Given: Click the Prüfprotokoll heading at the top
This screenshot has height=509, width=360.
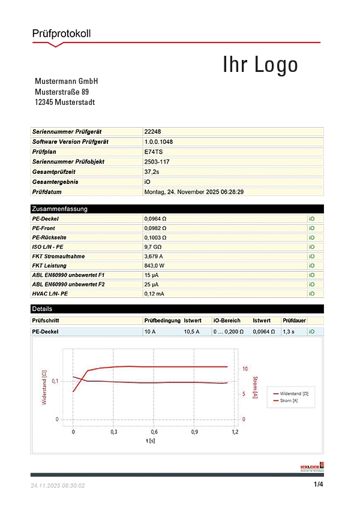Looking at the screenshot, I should pyautogui.click(x=61, y=34).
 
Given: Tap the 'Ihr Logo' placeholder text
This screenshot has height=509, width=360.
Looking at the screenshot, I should pyautogui.click(x=260, y=65).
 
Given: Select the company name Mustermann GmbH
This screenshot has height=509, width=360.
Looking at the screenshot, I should pyautogui.click(x=67, y=82).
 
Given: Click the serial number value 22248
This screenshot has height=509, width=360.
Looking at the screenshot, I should pyautogui.click(x=152, y=131).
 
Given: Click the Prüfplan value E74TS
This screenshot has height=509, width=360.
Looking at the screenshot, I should pyautogui.click(x=154, y=152).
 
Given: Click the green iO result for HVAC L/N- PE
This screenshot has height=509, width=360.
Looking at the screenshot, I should pyautogui.click(x=311, y=294).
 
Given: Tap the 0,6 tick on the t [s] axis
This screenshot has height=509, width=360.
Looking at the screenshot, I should pyautogui.click(x=154, y=432).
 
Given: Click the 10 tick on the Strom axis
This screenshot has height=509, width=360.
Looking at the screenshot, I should pyautogui.click(x=245, y=369).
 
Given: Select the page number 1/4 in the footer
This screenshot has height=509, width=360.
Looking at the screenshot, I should pyautogui.click(x=319, y=484).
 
